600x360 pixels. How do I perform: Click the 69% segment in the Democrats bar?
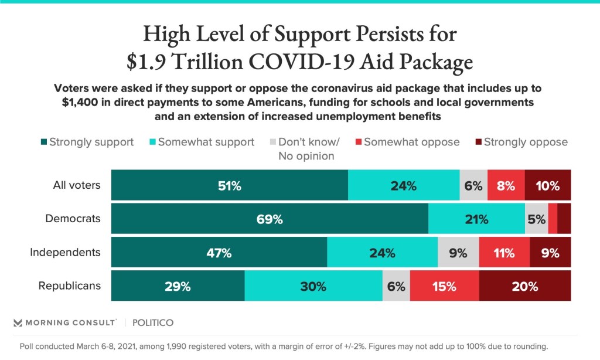coord(270,220)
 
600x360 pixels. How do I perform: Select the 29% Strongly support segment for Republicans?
coord(178,286)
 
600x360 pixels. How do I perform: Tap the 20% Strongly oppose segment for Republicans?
coord(524,286)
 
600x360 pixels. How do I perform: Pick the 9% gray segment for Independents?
coord(458,253)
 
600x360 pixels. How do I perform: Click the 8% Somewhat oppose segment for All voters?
coord(506,186)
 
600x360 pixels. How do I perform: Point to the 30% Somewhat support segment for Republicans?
coord(313,286)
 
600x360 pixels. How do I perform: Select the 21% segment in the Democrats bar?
coord(476,220)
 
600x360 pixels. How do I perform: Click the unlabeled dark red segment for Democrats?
coord(564,220)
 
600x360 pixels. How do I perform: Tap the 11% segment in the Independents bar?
coord(504,253)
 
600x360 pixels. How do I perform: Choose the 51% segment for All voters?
coord(229,186)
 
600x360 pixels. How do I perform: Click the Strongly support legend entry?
coord(87,142)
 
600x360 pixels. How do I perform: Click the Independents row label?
coord(66,253)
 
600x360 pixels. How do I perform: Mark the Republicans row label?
coord(70,286)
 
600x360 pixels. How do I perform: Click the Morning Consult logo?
coord(65,322)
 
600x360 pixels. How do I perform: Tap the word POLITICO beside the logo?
coord(153,322)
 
